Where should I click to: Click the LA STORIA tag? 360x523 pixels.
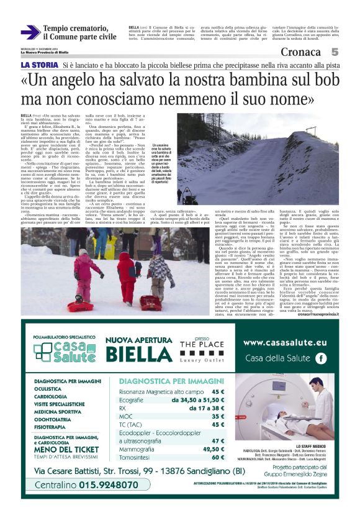pos(39,65)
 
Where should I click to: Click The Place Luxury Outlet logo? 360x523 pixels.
pos(200,350)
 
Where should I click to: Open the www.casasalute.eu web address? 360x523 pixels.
pos(286,341)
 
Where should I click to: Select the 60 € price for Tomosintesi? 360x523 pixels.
pos(217,457)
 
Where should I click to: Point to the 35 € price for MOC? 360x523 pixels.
pos(217,416)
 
